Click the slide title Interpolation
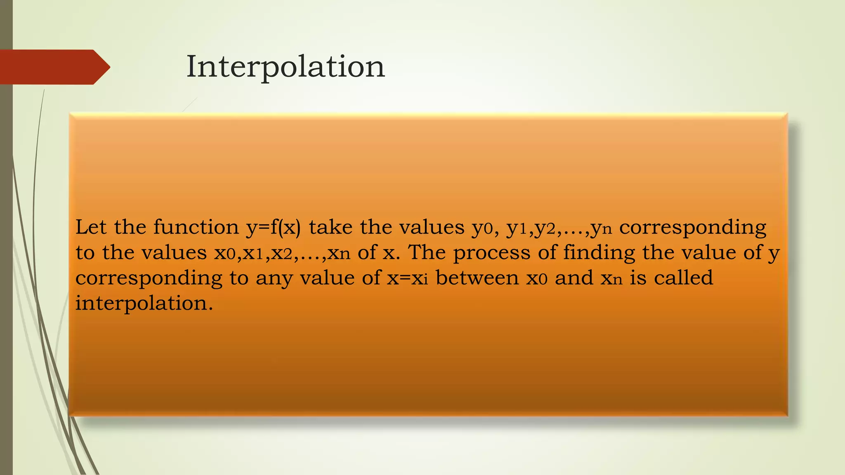[286, 67]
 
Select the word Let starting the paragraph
[91, 227]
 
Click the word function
[196, 227]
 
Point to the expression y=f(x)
[274, 228]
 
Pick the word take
[330, 227]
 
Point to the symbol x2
[282, 253]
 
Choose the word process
[491, 253]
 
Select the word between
[477, 277]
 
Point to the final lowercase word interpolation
[144, 303]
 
